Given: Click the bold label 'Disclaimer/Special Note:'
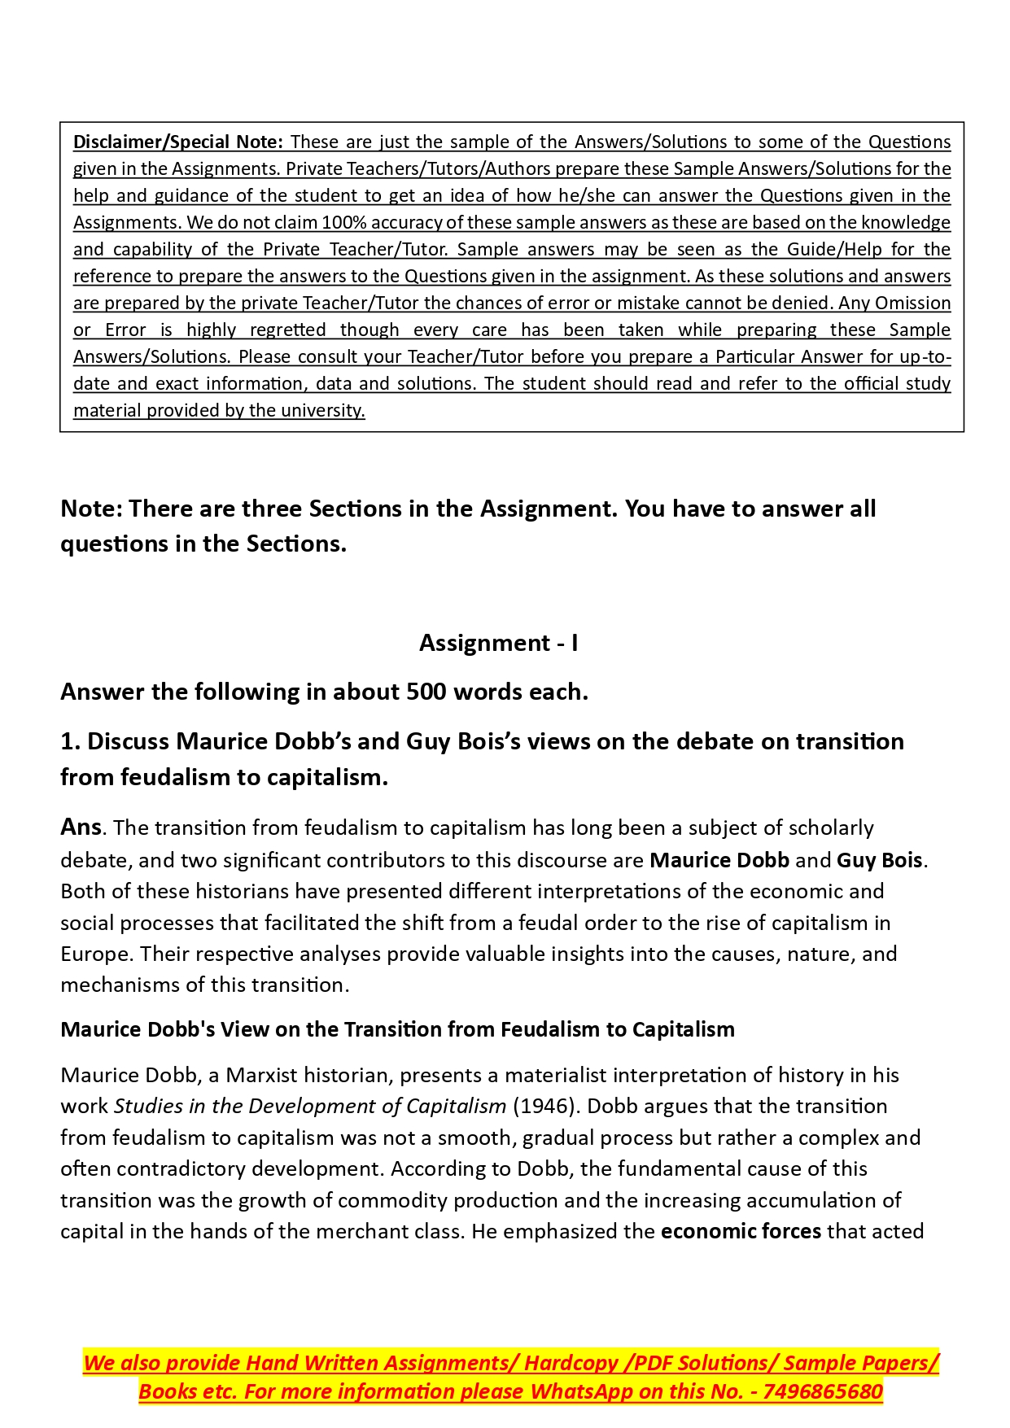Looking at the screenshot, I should point(177,142).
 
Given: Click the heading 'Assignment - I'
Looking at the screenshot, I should point(499,643).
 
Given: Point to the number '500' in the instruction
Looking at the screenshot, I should point(426,692).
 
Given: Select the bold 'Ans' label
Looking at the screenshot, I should point(81,827).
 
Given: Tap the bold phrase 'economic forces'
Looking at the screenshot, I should point(741,1231).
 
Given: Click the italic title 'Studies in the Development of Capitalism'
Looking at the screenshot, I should point(310,1107).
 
